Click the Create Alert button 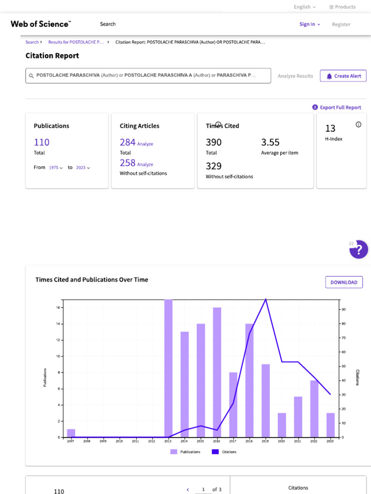(343, 76)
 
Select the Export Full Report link (337, 108)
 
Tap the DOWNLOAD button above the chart (343, 282)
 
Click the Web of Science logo (41, 24)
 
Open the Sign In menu (310, 24)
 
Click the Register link (341, 24)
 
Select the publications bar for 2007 (71, 433)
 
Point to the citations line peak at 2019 (266, 299)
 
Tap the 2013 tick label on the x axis (168, 441)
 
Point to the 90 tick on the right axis (342, 309)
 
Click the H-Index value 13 (330, 128)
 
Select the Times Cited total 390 (214, 142)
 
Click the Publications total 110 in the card (42, 142)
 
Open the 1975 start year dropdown (56, 167)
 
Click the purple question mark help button (358, 250)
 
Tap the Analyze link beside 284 (145, 144)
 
